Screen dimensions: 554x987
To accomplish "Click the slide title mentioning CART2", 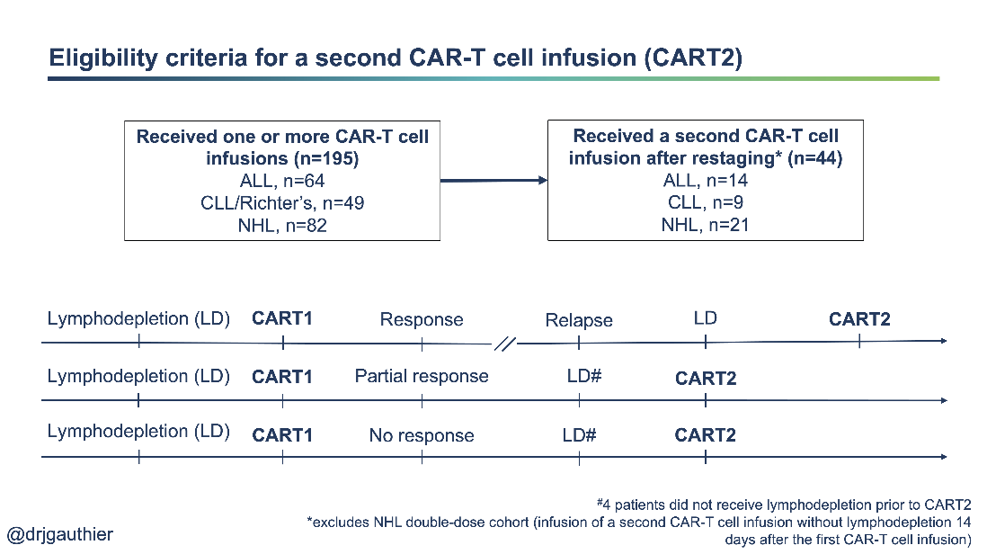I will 396,58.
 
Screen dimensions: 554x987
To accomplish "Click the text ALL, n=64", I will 281,181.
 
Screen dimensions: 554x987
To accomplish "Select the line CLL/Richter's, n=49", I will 281,203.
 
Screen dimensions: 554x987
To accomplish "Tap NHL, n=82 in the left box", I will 281,225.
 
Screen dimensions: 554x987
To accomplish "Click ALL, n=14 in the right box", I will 706,181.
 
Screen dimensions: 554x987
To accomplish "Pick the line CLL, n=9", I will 706,203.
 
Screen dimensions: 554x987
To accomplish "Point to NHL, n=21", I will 706,225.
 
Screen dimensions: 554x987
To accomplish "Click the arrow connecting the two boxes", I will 493,181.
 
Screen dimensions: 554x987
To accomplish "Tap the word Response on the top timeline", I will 422,319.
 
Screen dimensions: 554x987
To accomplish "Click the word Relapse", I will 579,320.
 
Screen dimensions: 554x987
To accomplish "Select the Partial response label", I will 422,376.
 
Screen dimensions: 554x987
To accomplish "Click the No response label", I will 422,435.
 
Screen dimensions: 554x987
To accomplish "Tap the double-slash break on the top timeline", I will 505,343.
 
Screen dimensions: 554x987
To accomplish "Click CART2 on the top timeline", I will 859,319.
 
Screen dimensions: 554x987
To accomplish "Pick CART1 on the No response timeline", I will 282,435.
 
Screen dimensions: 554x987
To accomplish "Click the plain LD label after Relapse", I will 705,318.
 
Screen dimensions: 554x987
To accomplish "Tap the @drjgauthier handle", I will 60,534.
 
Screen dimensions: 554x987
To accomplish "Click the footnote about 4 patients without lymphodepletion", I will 783,504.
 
